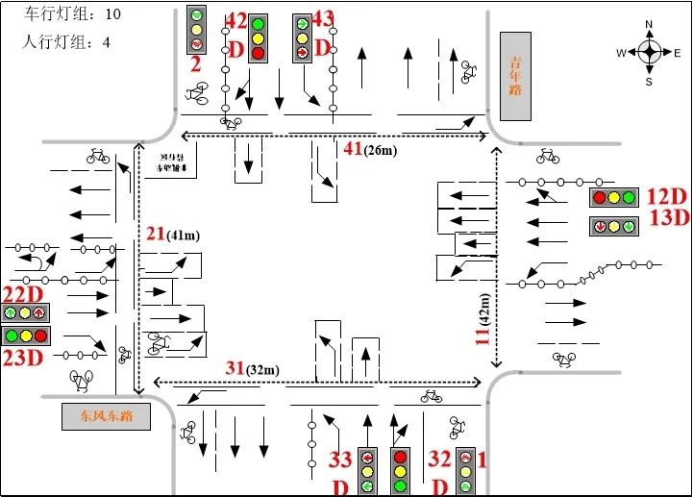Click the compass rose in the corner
point(649,52)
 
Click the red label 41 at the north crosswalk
point(353,148)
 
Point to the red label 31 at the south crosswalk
point(235,368)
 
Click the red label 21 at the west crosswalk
point(156,234)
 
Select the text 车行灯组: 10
point(72,15)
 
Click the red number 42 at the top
point(235,21)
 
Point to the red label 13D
point(669,217)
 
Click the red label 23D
point(23,358)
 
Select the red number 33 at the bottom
point(340,460)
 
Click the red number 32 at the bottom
point(439,459)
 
